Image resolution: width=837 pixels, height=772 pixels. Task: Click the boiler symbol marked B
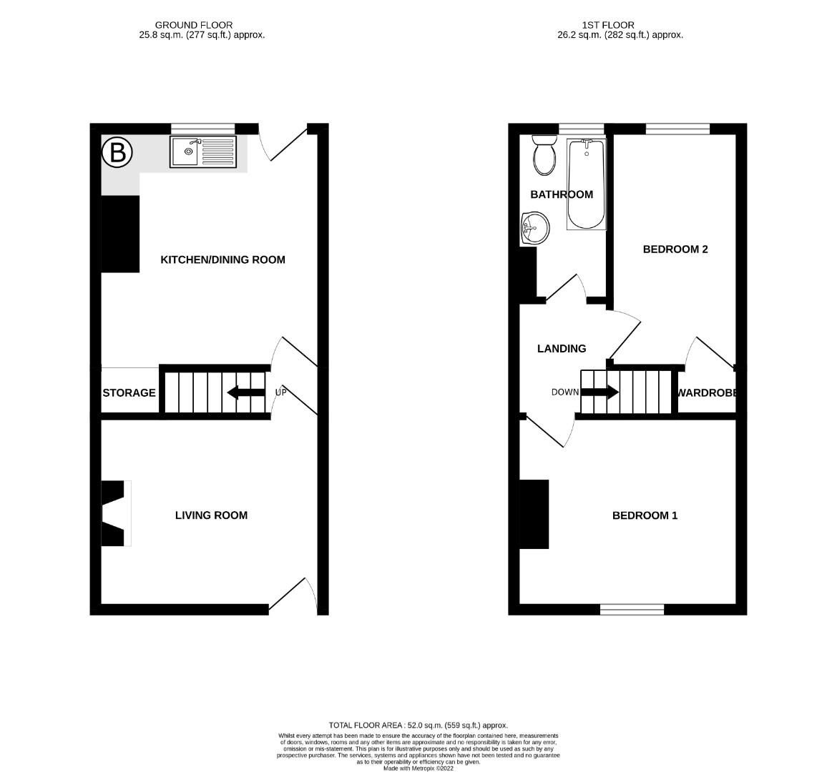pyautogui.click(x=117, y=152)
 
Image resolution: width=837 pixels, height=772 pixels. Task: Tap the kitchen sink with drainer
pyautogui.click(x=202, y=152)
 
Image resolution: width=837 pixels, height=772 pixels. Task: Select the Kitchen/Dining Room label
pyautogui.click(x=222, y=259)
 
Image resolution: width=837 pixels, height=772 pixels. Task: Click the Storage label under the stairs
pyautogui.click(x=129, y=392)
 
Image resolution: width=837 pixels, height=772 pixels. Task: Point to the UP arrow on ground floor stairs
pyautogui.click(x=239, y=392)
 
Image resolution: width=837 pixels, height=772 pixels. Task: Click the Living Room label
pyautogui.click(x=211, y=515)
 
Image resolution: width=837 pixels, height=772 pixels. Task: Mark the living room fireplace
pyautogui.click(x=115, y=514)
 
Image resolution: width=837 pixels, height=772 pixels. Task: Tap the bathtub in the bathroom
pyautogui.click(x=586, y=184)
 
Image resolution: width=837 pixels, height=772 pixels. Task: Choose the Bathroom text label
pyautogui.click(x=562, y=194)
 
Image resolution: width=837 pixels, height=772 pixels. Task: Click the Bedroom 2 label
pyautogui.click(x=675, y=249)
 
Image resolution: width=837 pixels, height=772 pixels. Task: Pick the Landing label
pyautogui.click(x=562, y=349)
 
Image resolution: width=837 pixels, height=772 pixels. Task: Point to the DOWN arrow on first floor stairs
pyautogui.click(x=599, y=392)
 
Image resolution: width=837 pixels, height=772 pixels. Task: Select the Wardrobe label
pyautogui.click(x=708, y=392)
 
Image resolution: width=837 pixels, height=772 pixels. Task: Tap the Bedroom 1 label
pyautogui.click(x=645, y=515)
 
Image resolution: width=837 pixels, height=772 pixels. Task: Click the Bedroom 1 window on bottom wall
pyautogui.click(x=632, y=610)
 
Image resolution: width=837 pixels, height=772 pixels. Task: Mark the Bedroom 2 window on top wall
pyautogui.click(x=677, y=129)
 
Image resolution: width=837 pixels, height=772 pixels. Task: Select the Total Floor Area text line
pyautogui.click(x=418, y=725)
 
